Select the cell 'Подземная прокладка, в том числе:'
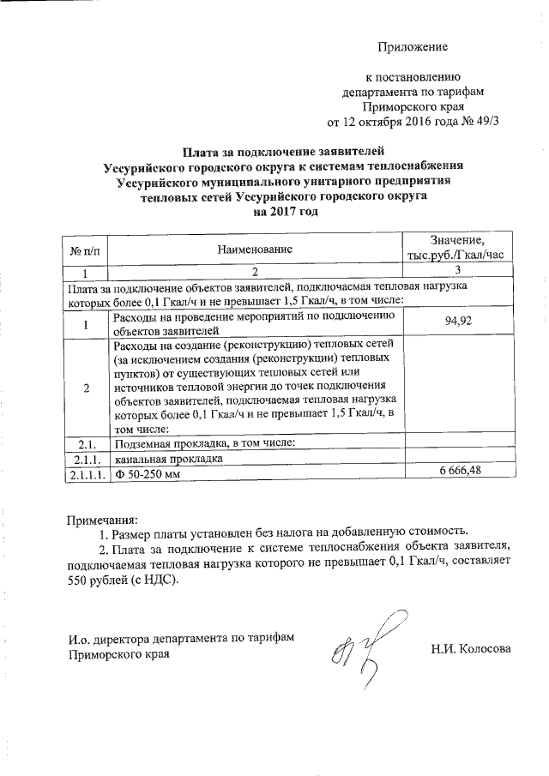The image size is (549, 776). coord(204,443)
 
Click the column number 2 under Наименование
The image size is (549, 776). coord(254,272)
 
